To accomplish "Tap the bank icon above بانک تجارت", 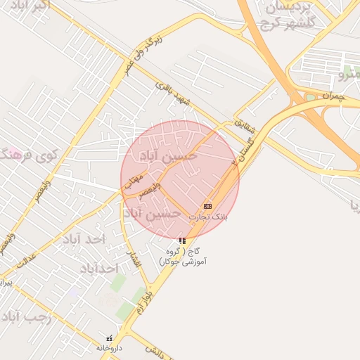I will (x=207, y=206).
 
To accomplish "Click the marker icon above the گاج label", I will (x=183, y=240).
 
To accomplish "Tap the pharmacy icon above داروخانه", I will (x=109, y=338).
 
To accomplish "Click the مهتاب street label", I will (x=133, y=181).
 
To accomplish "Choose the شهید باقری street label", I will (x=174, y=94).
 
